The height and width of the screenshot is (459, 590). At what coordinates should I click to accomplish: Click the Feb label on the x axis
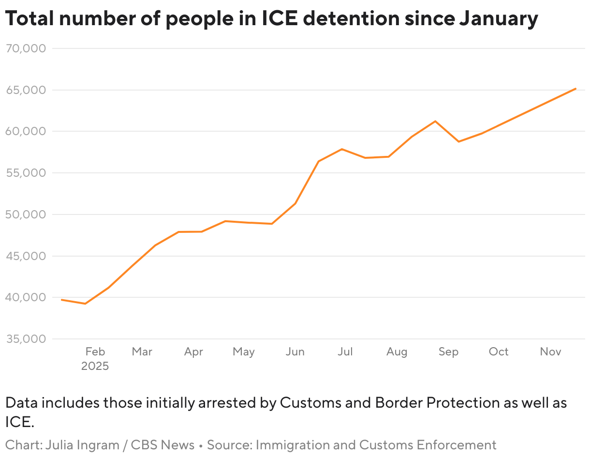[x=95, y=352]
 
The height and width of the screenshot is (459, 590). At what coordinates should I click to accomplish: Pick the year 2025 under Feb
[x=95, y=366]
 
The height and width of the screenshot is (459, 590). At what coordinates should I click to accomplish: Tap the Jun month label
[x=295, y=352]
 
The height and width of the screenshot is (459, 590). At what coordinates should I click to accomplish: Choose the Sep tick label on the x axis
[x=448, y=352]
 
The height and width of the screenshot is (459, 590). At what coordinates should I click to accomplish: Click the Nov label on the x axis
[x=550, y=352]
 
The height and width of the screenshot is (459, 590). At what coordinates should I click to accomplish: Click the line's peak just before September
[x=435, y=121]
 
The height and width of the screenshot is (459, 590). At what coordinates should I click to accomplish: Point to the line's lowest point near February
[x=85, y=304]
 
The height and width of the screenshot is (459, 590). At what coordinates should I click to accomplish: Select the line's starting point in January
[x=61, y=300]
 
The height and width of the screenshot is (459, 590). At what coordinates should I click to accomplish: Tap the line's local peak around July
[x=341, y=149]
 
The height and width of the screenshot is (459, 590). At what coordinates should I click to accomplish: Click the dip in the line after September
[x=458, y=141]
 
